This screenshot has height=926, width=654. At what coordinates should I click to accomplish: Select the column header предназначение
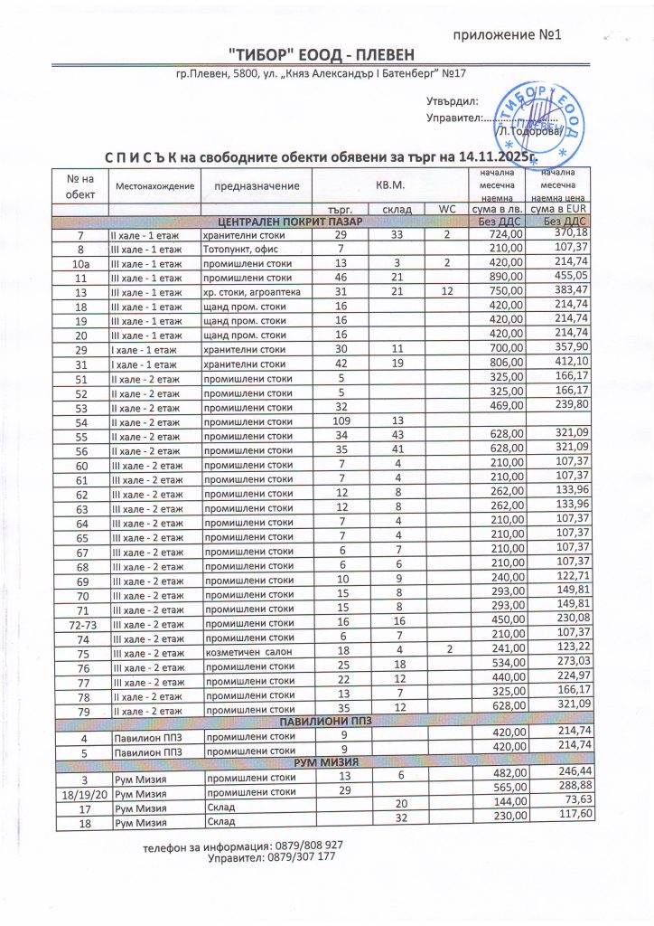click(256, 185)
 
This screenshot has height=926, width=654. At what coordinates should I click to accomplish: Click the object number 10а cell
click(80, 263)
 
